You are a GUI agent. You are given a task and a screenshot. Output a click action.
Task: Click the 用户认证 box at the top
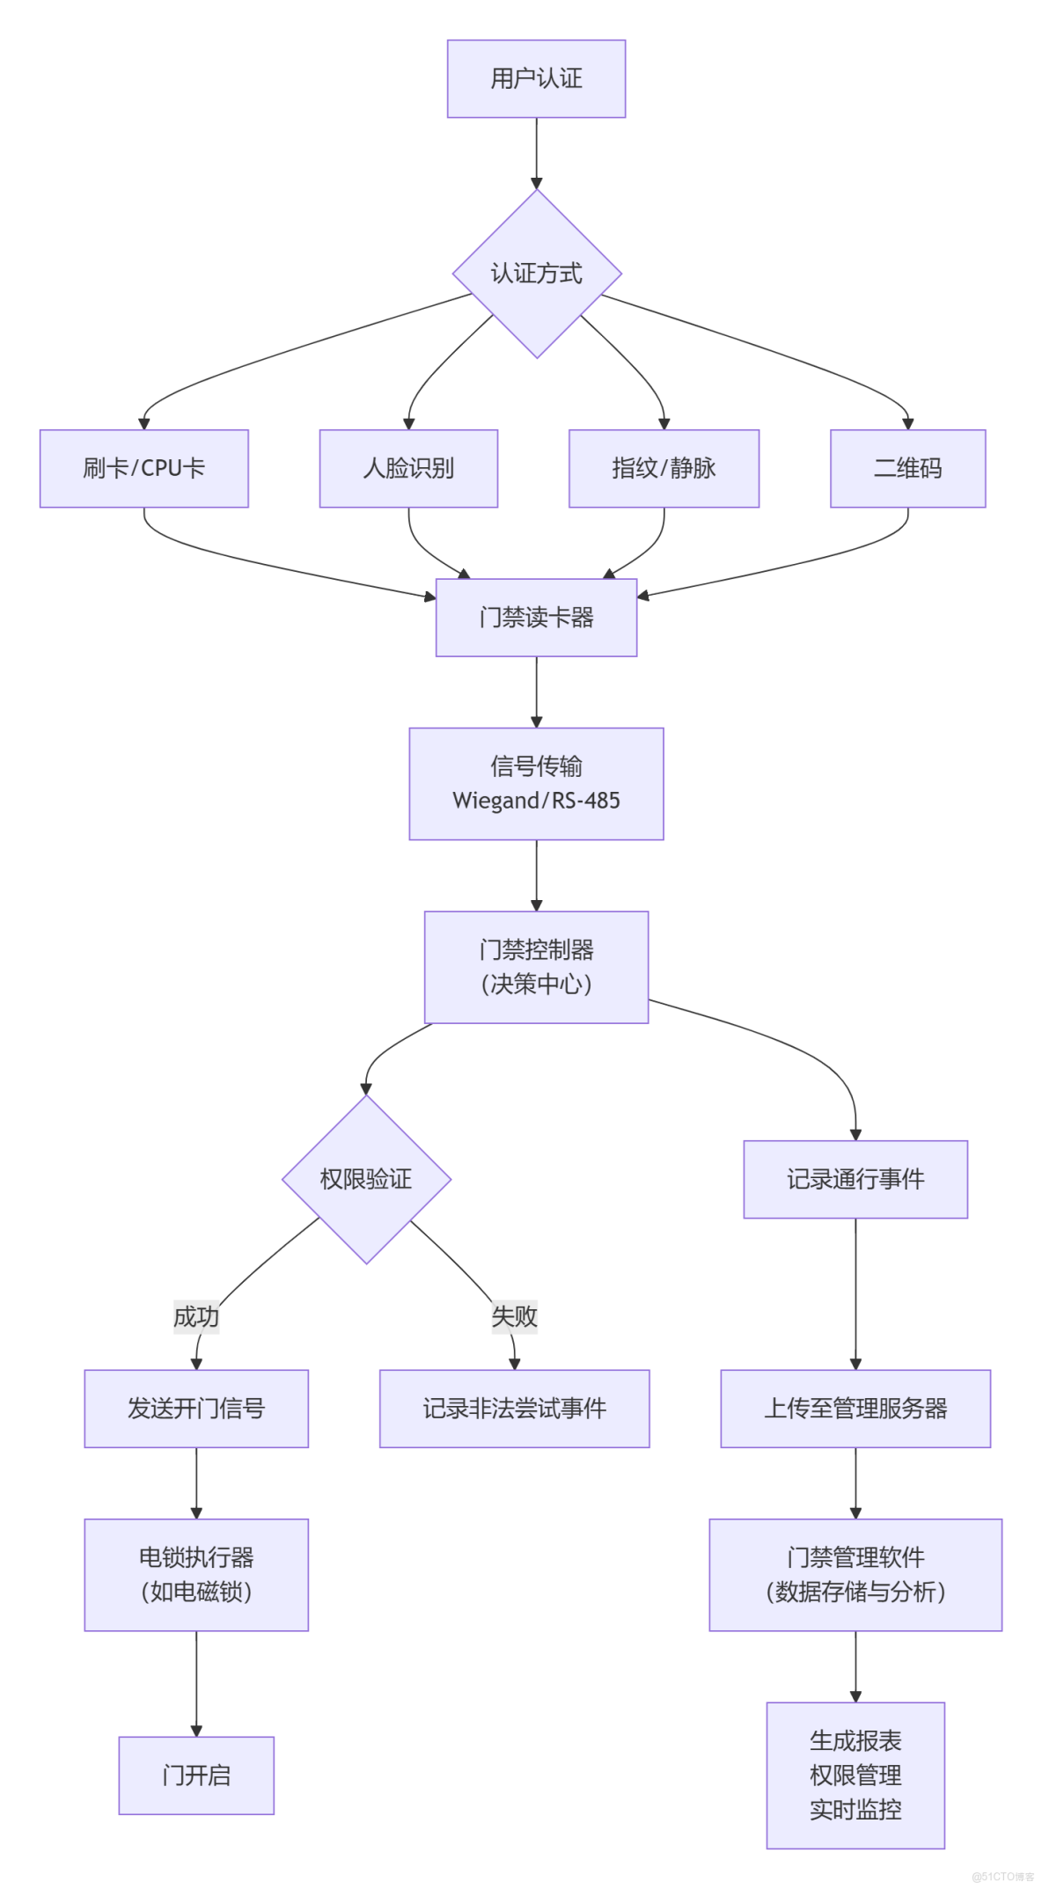[x=536, y=78]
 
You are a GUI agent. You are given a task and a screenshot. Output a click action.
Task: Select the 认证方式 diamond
[x=536, y=274]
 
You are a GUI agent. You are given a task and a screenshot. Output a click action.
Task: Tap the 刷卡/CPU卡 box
[x=143, y=468]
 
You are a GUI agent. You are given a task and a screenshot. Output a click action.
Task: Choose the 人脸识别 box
[x=408, y=468]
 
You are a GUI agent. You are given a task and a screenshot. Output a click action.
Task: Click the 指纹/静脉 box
[x=664, y=468]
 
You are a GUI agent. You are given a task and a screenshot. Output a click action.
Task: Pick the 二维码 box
[x=907, y=468]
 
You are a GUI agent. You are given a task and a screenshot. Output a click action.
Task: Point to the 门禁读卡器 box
[x=536, y=617]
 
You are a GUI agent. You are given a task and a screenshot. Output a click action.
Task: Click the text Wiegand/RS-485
[x=536, y=801]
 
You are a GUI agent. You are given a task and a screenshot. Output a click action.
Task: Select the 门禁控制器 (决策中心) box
[x=536, y=967]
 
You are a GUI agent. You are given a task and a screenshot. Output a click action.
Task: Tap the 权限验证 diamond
[x=366, y=1179]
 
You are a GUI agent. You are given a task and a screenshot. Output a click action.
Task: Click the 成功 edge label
[x=195, y=1316]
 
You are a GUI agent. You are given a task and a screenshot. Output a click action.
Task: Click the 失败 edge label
[x=514, y=1316]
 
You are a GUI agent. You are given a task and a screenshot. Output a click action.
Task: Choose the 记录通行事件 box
[x=855, y=1179]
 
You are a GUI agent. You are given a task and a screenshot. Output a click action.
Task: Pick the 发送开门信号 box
[x=195, y=1409]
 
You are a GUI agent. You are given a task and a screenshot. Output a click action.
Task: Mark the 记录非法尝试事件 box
[x=514, y=1409]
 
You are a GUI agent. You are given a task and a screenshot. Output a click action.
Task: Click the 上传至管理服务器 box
[x=855, y=1409]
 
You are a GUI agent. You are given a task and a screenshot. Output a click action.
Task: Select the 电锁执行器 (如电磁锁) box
[x=195, y=1574]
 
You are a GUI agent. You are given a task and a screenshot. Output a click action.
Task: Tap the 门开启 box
[x=195, y=1776]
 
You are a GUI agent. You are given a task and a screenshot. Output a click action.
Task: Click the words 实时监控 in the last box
[x=855, y=1810]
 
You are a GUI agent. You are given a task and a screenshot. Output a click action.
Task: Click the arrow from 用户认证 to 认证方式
[x=536, y=153]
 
